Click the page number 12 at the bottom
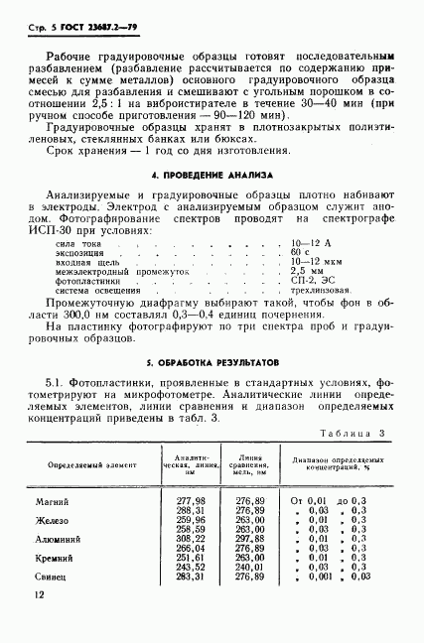38,594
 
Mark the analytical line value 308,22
191,538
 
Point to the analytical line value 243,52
191,566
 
